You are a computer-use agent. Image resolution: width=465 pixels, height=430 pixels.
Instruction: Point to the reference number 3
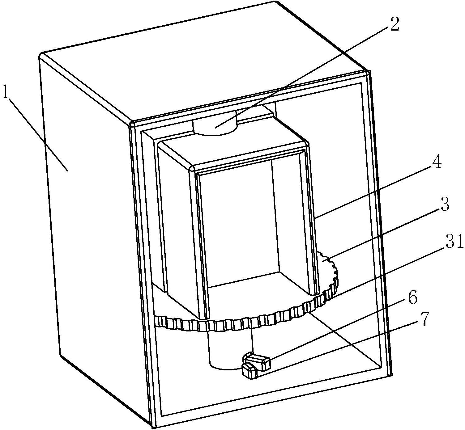tap(443, 204)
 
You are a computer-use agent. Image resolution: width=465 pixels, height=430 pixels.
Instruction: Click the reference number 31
tap(454, 241)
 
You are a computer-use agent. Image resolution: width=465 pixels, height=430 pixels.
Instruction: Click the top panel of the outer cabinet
tap(204, 63)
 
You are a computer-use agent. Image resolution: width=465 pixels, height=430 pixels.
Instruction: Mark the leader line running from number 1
tap(37, 134)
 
